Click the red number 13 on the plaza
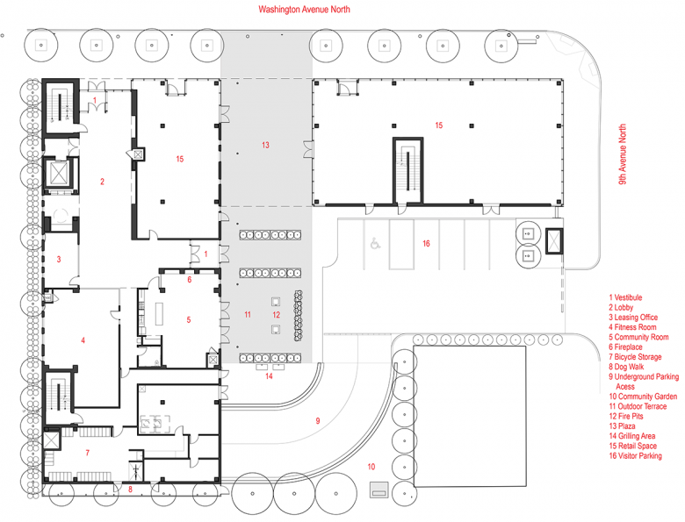(265, 145)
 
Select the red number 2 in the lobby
(103, 182)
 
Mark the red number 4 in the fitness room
(83, 340)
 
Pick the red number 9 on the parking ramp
(318, 421)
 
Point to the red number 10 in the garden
(371, 467)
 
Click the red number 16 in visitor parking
(426, 243)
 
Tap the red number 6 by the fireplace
(189, 280)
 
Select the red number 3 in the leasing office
(59, 260)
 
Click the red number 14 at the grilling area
(269, 376)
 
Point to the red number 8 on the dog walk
(130, 489)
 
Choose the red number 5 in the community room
(188, 320)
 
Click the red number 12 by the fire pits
(276, 314)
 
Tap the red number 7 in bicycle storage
(87, 453)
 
